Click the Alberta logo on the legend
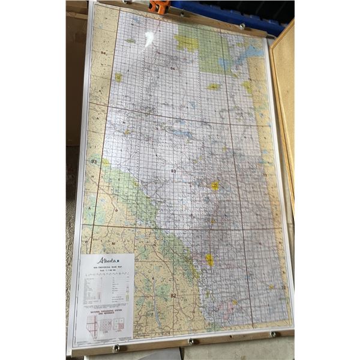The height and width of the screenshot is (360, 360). pos(109,261)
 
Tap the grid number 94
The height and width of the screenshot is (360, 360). pos(104,53)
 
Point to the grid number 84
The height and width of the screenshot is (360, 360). pos(173,70)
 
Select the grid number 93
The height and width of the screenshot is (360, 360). pos(94,162)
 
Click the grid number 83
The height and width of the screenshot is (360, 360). pos(173,172)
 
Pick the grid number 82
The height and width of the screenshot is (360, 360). pos(173,296)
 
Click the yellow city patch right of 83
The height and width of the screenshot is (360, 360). pos(214,186)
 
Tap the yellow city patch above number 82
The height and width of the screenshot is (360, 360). pos(209,260)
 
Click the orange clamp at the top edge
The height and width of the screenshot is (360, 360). pos(159,6)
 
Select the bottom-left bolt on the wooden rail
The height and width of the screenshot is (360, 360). pos(116,347)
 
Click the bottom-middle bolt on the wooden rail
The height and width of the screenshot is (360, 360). pos(191,341)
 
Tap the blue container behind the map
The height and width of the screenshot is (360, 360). pos(240,12)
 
